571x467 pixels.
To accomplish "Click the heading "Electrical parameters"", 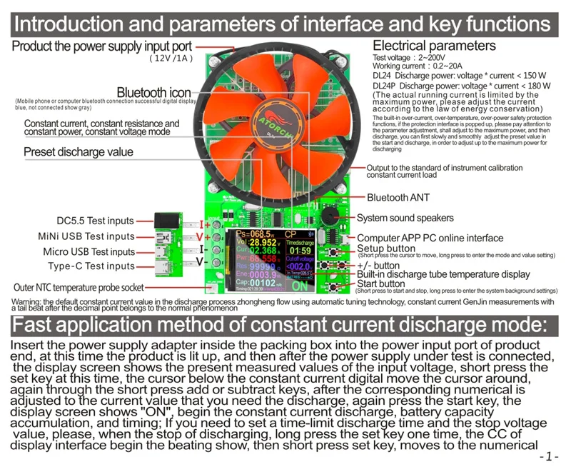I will click(434, 46).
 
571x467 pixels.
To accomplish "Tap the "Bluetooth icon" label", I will click(153, 93).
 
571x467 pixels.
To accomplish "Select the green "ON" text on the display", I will click(299, 286).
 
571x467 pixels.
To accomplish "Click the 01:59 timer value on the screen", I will click(300, 251).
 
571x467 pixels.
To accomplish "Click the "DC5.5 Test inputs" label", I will click(96, 221).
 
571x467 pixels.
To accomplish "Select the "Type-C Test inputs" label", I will click(91, 266).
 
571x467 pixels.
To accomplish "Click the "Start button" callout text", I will click(381, 283).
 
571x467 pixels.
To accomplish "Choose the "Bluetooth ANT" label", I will click(398, 197).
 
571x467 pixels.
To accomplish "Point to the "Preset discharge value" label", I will click(79, 152).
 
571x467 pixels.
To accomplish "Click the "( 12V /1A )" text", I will click(171, 59).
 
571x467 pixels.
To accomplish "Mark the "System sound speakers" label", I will click(405, 218).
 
